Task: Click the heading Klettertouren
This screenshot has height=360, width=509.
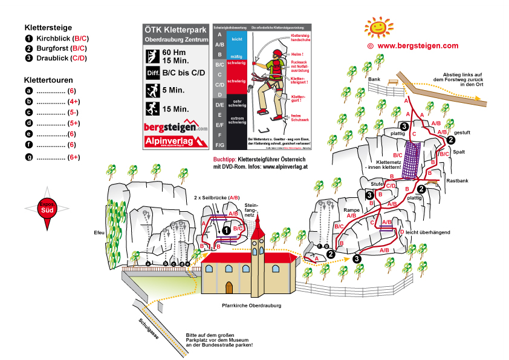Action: pyautogui.click(x=48, y=79)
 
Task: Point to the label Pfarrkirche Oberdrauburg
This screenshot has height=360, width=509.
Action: pyautogui.click(x=251, y=306)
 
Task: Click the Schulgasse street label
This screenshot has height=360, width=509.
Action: pyautogui.click(x=148, y=328)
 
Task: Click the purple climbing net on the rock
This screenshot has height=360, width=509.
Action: pyautogui.click(x=413, y=159)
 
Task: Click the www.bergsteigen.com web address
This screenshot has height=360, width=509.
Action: pyautogui.click(x=418, y=45)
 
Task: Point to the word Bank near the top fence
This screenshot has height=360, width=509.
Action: pyautogui.click(x=374, y=79)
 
